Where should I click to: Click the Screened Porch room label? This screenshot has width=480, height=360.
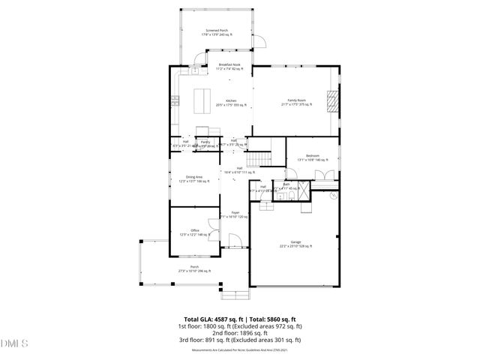point(217,32)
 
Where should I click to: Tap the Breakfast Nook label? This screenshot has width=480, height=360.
point(229,67)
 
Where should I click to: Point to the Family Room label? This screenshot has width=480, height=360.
point(297,101)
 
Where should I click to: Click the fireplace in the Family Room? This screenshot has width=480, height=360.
point(332,100)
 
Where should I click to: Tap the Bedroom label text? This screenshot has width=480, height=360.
point(313,157)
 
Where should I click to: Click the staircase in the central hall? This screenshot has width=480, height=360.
point(259,158)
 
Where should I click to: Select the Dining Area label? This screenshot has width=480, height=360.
point(195,178)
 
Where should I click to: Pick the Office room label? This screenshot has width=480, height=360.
point(194,232)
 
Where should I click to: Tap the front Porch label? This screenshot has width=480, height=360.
point(194,268)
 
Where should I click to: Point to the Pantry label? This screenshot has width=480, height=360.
point(205,142)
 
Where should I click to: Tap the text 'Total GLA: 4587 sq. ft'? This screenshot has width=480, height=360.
point(211,319)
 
